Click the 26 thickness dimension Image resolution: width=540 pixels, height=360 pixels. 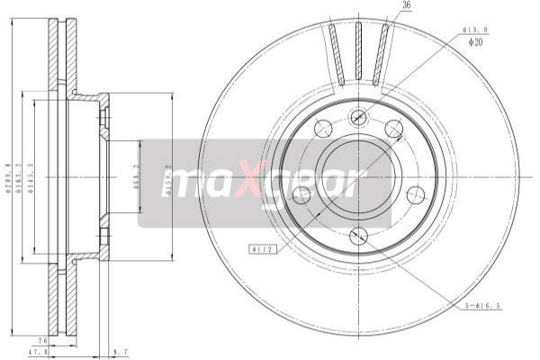(x=43, y=340)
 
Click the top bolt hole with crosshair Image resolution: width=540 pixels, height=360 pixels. (x=358, y=115)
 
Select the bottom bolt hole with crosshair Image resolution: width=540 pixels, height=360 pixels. (x=358, y=237)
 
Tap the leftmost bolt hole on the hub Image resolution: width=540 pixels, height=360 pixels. (x=302, y=194)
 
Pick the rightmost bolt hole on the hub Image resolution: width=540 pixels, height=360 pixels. (x=414, y=194)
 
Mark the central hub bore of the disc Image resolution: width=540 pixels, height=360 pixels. (x=358, y=175)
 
